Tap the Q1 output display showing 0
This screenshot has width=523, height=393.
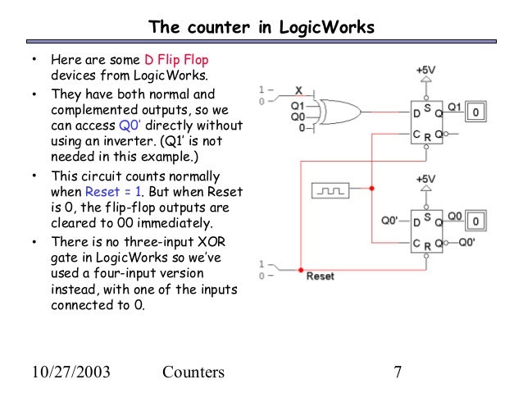click(x=478, y=109)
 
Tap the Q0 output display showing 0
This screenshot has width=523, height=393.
click(x=476, y=221)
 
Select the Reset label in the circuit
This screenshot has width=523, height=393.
click(x=320, y=276)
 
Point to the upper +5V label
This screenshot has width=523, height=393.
click(x=425, y=71)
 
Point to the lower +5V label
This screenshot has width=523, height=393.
click(x=425, y=178)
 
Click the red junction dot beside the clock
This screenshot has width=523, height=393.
click(x=371, y=190)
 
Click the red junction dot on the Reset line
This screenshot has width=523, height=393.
click(x=301, y=270)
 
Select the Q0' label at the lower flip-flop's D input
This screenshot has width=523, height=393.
click(x=390, y=221)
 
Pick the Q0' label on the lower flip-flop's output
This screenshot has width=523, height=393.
click(x=467, y=242)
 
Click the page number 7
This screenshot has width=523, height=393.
click(x=398, y=372)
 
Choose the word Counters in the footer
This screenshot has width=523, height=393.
click(x=193, y=372)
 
